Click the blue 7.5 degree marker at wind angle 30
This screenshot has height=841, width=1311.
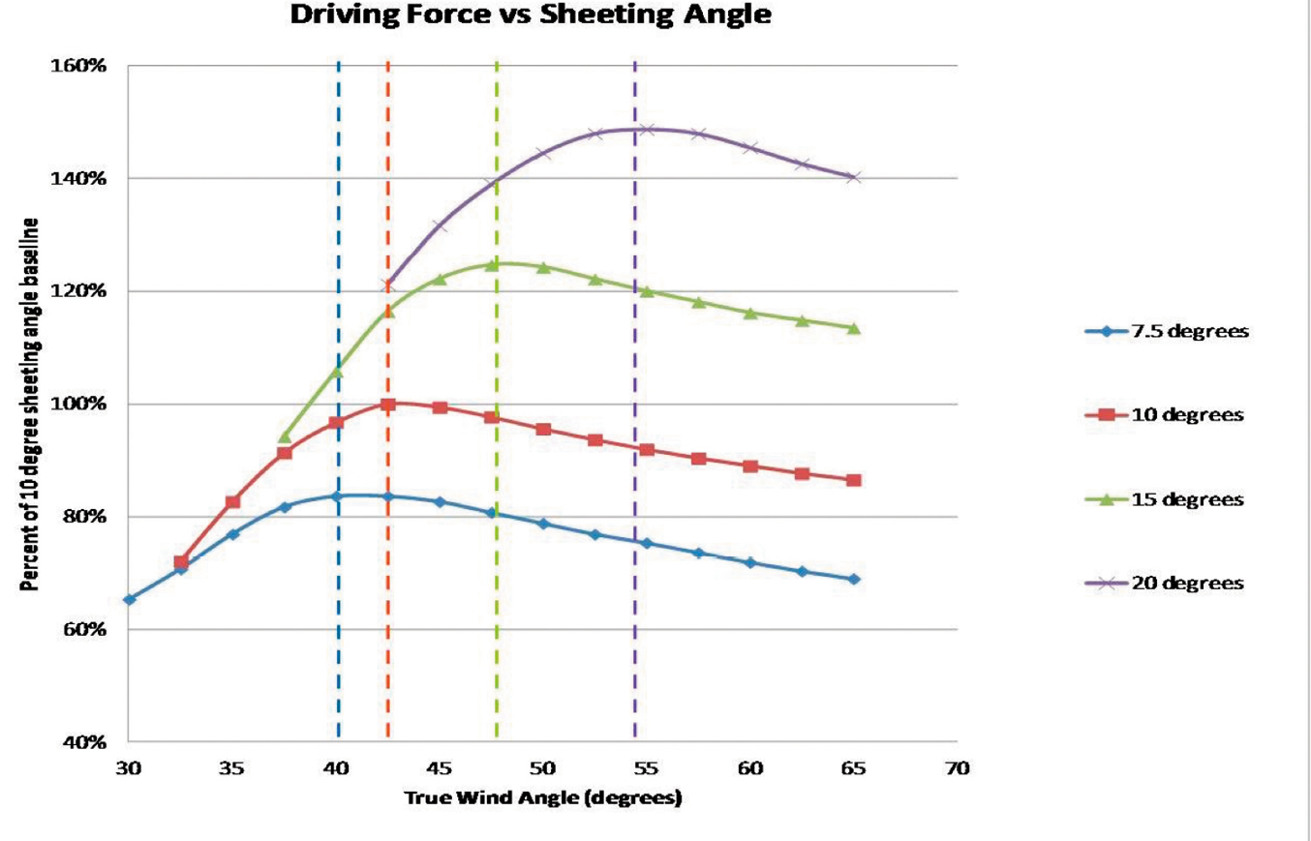[129, 600]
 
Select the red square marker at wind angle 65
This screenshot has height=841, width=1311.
[853, 481]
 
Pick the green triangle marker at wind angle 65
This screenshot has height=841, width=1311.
[853, 328]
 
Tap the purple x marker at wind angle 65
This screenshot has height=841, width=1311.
[853, 177]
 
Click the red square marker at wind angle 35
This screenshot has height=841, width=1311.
[232, 502]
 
